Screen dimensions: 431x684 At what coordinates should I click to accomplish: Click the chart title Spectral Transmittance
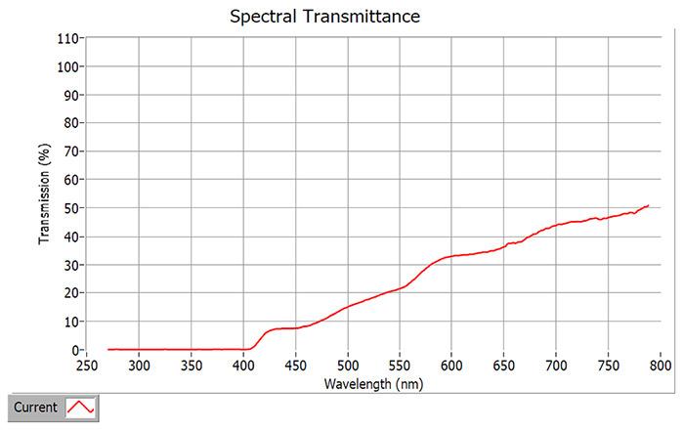323,17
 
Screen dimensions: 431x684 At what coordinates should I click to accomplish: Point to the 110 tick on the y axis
68,39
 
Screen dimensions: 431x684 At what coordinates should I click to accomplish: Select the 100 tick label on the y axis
68,67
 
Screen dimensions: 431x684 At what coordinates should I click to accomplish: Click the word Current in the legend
36,407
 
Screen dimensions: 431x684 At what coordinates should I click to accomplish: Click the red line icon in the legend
81,407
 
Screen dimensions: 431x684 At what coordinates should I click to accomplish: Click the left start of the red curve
108,349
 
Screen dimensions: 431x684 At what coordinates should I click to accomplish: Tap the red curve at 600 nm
451,256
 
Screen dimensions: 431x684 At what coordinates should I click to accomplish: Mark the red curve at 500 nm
348,306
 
